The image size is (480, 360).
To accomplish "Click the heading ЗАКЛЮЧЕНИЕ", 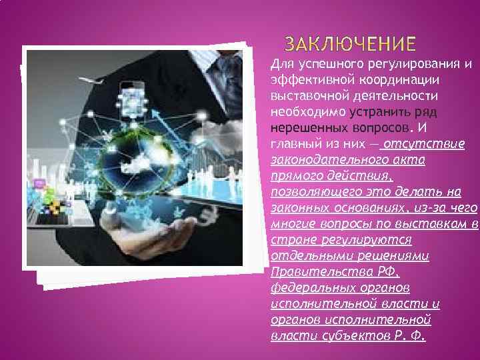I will point(350,45).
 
